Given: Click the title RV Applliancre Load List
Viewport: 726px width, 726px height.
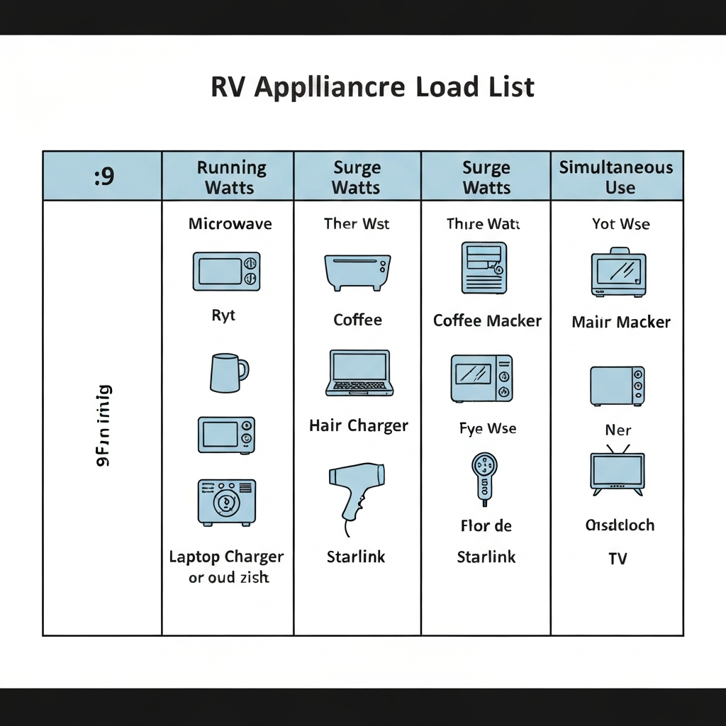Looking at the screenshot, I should click(x=372, y=86).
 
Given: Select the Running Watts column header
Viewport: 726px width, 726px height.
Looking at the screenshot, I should click(x=231, y=177).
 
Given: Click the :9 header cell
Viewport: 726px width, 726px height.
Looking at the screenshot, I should click(x=104, y=177).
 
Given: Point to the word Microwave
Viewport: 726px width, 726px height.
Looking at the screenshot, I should click(x=230, y=224).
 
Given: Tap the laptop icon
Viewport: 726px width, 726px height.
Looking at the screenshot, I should click(x=359, y=373).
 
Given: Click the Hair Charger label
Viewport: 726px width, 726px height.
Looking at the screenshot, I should click(x=359, y=426).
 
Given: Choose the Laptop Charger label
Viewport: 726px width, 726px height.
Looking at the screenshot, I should click(x=226, y=557).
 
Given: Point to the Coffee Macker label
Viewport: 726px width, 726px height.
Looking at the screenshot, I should click(x=487, y=320).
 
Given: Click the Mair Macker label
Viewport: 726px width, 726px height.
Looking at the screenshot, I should click(x=620, y=323).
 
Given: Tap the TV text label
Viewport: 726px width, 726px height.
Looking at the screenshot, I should click(x=618, y=559).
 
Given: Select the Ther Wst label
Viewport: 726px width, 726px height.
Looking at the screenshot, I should click(x=357, y=224).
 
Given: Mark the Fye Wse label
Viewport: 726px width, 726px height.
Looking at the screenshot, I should click(x=488, y=429).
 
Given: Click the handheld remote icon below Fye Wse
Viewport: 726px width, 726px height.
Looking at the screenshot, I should click(x=486, y=479).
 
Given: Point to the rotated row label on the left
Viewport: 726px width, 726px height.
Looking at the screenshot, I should click(x=103, y=425).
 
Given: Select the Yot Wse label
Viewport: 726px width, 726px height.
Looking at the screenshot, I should click(x=620, y=224).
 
